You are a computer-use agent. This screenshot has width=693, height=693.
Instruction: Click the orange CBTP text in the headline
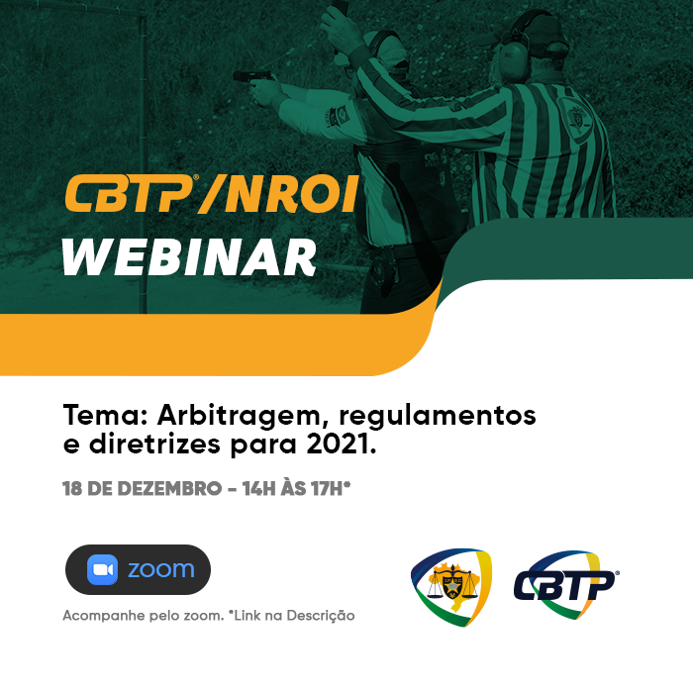129,194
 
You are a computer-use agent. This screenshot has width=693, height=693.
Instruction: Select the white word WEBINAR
190,257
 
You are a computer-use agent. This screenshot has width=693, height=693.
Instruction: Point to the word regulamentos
438,417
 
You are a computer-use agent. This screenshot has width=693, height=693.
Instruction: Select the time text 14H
258,489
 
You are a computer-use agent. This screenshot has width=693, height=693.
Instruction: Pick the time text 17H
327,489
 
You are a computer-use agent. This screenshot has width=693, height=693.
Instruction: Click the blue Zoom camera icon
103,569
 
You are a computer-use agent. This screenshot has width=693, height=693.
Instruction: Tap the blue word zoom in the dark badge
160,569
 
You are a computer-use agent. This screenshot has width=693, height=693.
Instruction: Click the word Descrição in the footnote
321,616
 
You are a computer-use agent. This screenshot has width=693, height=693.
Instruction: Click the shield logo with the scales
451,587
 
